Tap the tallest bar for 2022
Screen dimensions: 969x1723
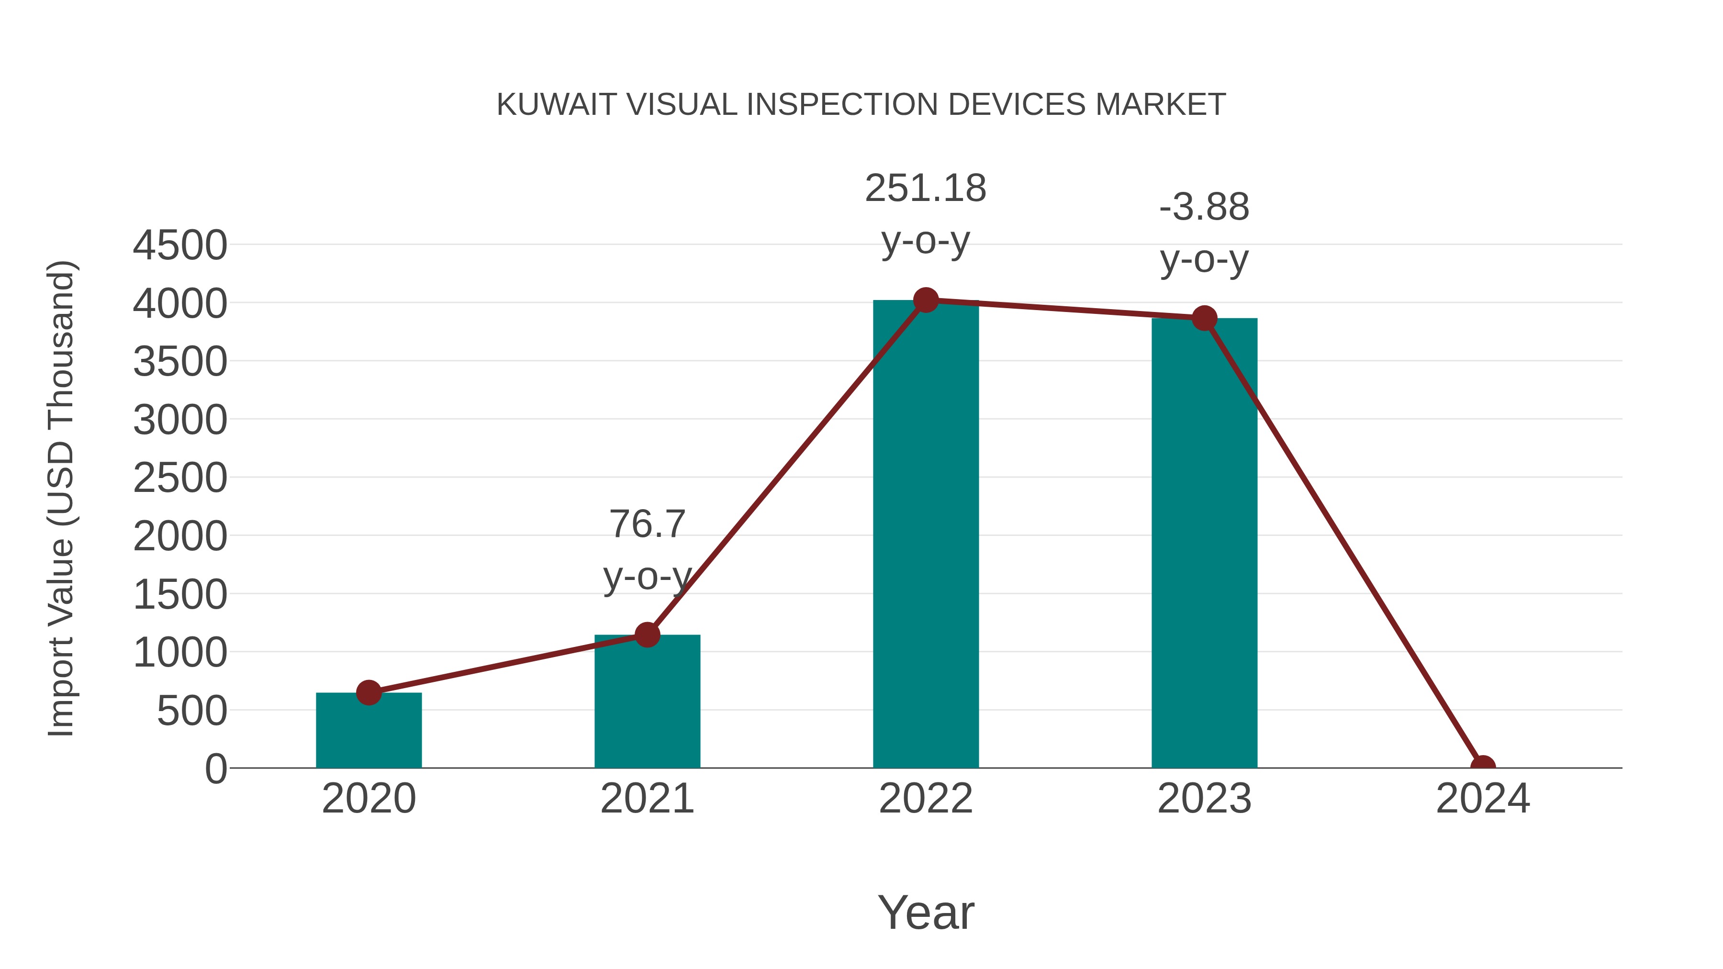click(925, 535)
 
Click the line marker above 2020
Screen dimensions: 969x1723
click(369, 693)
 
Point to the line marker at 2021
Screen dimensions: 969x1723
click(647, 635)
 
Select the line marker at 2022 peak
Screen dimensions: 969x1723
click(925, 300)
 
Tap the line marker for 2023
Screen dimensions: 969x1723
click(1204, 318)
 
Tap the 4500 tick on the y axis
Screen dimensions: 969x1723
click(180, 245)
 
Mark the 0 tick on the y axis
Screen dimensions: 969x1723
click(215, 769)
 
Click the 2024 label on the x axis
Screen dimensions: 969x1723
click(1482, 799)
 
